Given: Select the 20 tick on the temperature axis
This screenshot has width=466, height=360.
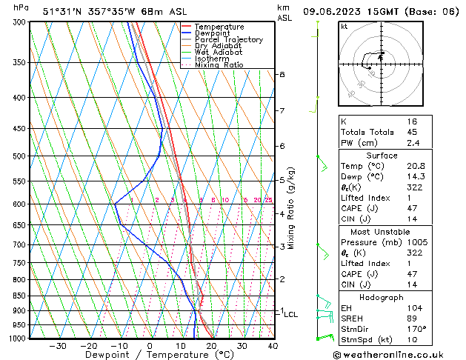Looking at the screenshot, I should click(x=211, y=346).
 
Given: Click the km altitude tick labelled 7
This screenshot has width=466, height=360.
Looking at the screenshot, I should click(x=282, y=111).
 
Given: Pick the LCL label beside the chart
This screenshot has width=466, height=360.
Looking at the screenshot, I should click(x=290, y=314).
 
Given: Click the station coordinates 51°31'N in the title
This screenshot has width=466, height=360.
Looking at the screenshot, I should click(x=61, y=11).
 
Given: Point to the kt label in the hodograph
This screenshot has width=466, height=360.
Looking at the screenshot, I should click(x=344, y=27).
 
